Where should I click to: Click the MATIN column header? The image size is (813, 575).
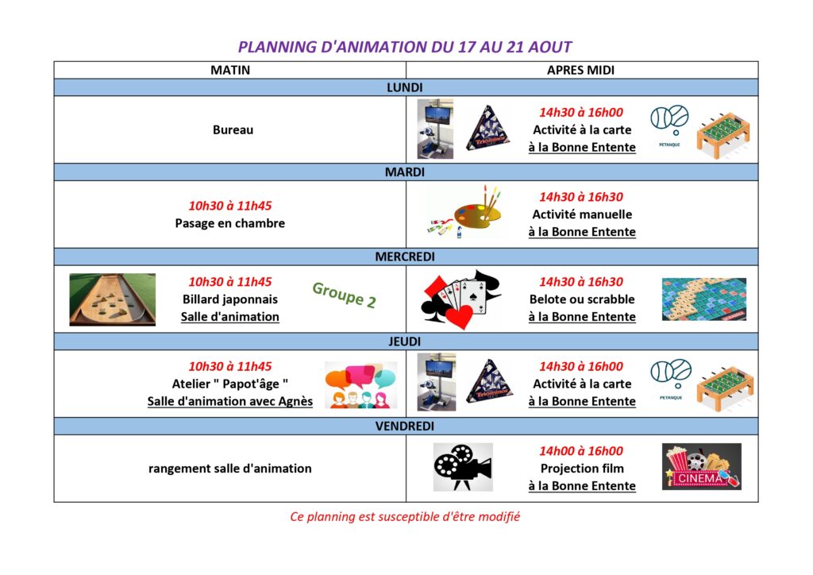[x=230, y=70]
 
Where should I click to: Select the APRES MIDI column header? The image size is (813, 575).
[x=580, y=70]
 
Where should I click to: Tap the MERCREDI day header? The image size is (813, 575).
[x=405, y=257]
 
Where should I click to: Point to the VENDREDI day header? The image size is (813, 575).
[x=405, y=426]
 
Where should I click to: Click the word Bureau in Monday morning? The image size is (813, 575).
[x=233, y=129]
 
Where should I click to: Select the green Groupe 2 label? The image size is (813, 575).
[x=345, y=295]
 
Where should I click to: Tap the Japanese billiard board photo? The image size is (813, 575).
[x=113, y=299]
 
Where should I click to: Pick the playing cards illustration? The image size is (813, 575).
[x=461, y=299]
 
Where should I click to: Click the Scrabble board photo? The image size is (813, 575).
[x=704, y=299]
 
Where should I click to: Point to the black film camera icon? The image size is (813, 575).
[x=463, y=467]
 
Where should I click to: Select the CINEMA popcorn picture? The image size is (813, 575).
[x=702, y=467]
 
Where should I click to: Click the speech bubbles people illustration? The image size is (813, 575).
[x=361, y=384]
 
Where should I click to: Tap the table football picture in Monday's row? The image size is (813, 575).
[x=723, y=135]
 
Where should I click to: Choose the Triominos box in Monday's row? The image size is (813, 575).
[x=488, y=129]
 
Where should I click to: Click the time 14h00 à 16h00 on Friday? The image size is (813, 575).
[x=581, y=451]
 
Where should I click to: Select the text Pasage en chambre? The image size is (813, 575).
[x=229, y=223]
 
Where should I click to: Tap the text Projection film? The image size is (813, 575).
[x=582, y=469]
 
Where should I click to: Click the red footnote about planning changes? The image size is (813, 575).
[x=405, y=517]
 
